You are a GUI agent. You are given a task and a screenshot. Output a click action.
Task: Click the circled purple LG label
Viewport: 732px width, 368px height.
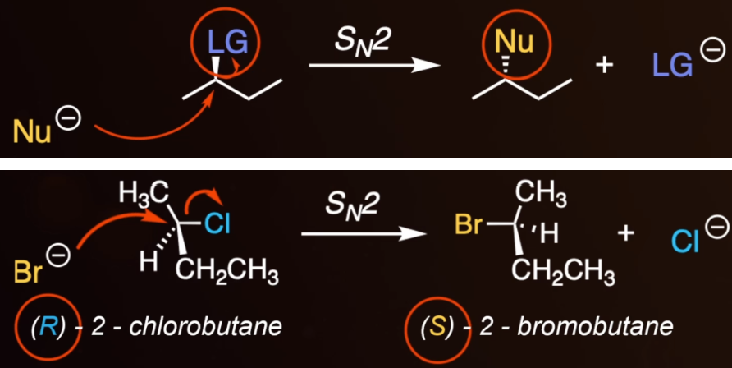[x=227, y=43]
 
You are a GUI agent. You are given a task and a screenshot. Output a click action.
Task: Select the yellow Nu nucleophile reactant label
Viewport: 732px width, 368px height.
[x=32, y=131]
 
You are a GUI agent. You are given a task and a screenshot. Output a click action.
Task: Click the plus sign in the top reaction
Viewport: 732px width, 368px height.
[x=605, y=65]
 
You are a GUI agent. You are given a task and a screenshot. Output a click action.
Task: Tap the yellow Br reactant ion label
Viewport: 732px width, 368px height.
[x=29, y=272]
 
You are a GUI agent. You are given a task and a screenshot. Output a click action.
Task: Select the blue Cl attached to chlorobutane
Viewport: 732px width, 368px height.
[x=217, y=224]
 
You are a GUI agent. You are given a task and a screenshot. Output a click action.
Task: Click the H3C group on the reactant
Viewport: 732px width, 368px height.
[x=144, y=193]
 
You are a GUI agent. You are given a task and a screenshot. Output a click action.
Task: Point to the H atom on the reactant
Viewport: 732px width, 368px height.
[x=149, y=263]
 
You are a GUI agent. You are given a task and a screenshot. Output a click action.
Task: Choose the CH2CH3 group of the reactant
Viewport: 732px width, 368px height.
[x=227, y=272]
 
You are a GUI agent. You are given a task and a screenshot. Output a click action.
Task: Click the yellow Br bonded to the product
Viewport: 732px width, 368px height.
[x=469, y=224]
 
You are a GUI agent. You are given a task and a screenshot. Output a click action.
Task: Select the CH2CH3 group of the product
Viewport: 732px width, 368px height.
[x=564, y=272]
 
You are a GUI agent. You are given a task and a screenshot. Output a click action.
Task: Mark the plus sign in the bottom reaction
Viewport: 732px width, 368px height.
[x=625, y=232]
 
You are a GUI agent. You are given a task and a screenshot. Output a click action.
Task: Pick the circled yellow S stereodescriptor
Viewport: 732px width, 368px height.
[x=437, y=328]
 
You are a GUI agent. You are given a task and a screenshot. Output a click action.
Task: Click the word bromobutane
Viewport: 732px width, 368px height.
[x=595, y=328]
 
